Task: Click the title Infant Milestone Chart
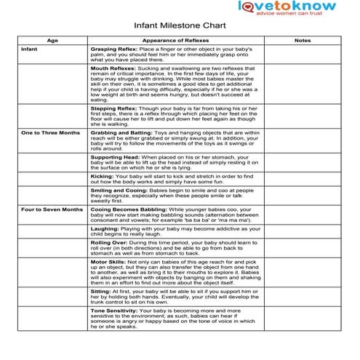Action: click(x=179, y=23)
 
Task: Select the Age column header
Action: click(x=52, y=40)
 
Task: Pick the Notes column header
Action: click(x=303, y=40)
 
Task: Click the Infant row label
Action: click(x=30, y=49)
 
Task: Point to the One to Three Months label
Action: click(x=51, y=133)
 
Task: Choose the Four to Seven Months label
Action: click(x=52, y=209)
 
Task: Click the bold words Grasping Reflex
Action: click(x=113, y=49)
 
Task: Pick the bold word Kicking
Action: click(x=102, y=175)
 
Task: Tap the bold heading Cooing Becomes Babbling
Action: click(x=125, y=209)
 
